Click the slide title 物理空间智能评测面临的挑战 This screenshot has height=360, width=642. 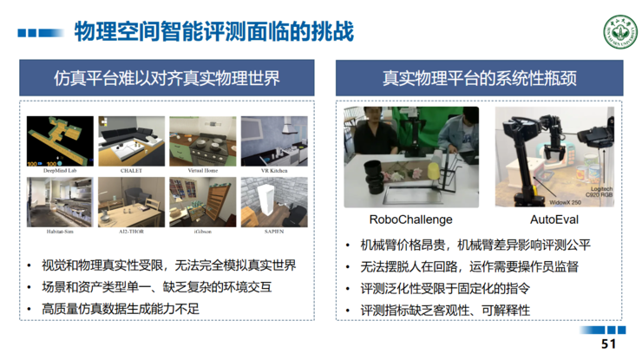click(x=213, y=33)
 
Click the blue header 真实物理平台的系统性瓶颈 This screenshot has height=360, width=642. click(x=480, y=78)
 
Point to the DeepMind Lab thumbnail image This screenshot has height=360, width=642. click(x=60, y=141)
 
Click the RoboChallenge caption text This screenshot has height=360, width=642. click(x=410, y=219)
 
